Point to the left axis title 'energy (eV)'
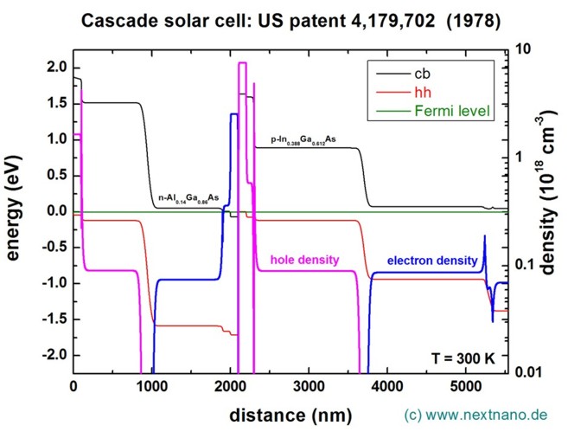click(x=16, y=212)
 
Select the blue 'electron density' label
click(x=431, y=260)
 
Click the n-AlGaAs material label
click(x=188, y=199)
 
